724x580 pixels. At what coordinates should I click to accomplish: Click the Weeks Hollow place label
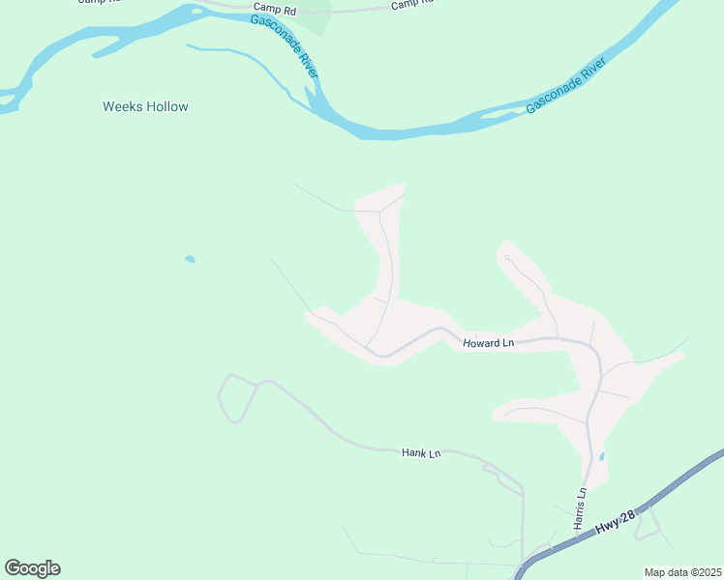coord(145,106)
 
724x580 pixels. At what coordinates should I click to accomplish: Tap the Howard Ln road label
coord(488,343)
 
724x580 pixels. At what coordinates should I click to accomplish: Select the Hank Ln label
coord(421,451)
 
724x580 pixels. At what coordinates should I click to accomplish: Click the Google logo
coord(32,568)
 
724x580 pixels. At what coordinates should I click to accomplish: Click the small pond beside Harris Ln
coord(602,456)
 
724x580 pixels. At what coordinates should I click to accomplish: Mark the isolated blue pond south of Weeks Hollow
coord(190,259)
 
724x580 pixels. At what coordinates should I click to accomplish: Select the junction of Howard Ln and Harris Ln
coord(592,347)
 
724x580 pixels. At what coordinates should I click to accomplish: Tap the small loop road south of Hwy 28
coord(652,526)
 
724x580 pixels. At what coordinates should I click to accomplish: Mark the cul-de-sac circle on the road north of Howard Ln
coord(506,257)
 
